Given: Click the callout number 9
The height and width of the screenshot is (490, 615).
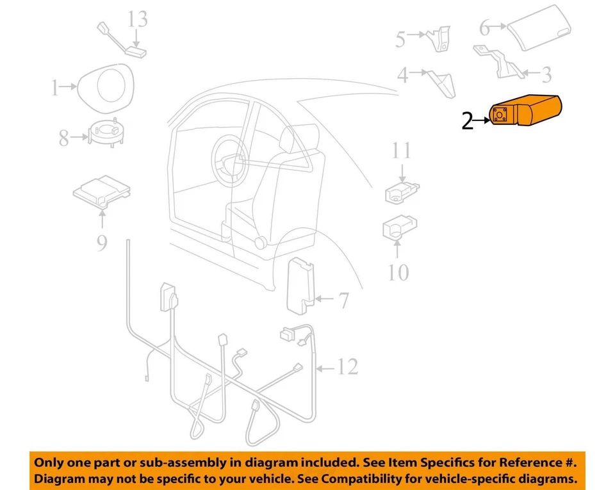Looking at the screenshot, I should click(x=102, y=243).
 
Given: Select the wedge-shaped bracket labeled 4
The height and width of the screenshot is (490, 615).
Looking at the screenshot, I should click(x=442, y=82).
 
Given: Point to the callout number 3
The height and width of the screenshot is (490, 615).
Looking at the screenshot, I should click(x=545, y=75).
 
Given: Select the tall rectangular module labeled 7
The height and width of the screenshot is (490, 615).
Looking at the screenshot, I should click(x=300, y=285).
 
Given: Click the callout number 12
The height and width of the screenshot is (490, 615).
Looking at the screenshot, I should click(x=347, y=367).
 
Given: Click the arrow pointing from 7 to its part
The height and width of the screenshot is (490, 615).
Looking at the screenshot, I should click(x=325, y=298).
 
